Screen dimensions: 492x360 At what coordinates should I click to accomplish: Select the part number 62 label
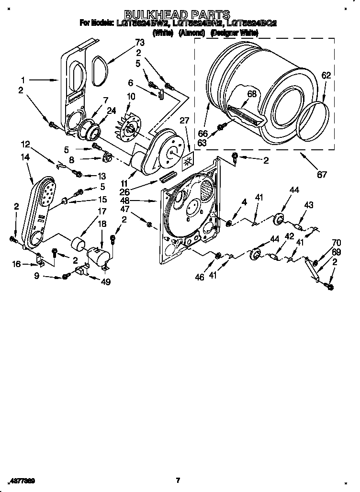[326, 75]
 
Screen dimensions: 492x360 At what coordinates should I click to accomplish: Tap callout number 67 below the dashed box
[322, 175]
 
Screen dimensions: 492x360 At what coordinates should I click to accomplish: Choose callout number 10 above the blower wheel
[131, 97]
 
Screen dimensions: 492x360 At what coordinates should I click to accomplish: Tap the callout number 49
[106, 282]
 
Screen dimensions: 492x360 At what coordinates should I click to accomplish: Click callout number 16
[16, 263]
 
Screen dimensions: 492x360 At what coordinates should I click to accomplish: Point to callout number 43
[309, 205]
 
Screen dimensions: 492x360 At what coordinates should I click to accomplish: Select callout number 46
[200, 277]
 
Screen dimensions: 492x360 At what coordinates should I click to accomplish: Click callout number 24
[112, 111]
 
